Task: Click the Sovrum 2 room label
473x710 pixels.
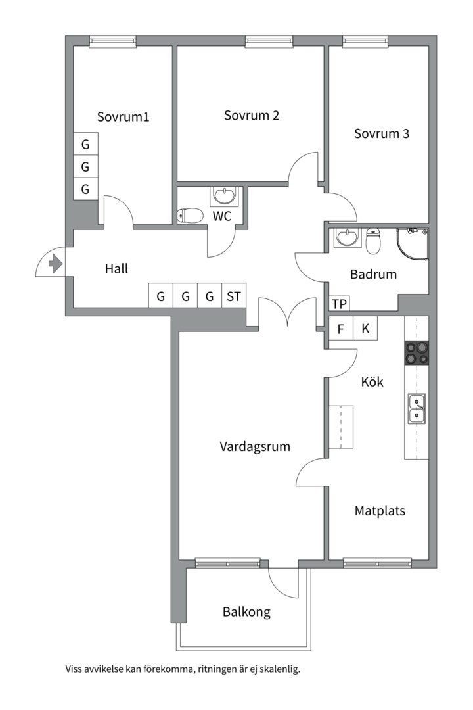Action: pos(252,116)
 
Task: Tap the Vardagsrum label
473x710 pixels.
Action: pos(255,447)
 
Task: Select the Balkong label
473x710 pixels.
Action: pos(247,612)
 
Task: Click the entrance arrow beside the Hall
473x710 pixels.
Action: pos(55,264)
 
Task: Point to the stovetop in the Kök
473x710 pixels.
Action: pos(417,353)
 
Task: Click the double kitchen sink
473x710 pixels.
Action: pos(417,408)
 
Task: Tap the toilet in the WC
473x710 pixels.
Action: pos(190,216)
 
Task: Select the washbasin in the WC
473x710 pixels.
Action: pos(224,197)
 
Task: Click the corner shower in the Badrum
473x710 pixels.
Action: pos(413,245)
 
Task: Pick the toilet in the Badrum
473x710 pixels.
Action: pos(373,241)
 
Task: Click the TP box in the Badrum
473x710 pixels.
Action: pos(339,304)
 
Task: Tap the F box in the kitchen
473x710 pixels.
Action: pos(341,328)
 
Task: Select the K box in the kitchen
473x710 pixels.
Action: pos(365,328)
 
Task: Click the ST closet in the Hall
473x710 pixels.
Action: pos(234,296)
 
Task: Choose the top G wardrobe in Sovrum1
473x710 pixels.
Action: pos(85,145)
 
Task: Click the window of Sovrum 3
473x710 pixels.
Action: pos(365,41)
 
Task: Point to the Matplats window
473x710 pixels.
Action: pos(378,564)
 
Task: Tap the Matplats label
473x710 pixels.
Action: pos(380,511)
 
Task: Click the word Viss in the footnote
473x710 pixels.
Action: pos(74,669)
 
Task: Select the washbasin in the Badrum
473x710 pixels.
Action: pos(348,238)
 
